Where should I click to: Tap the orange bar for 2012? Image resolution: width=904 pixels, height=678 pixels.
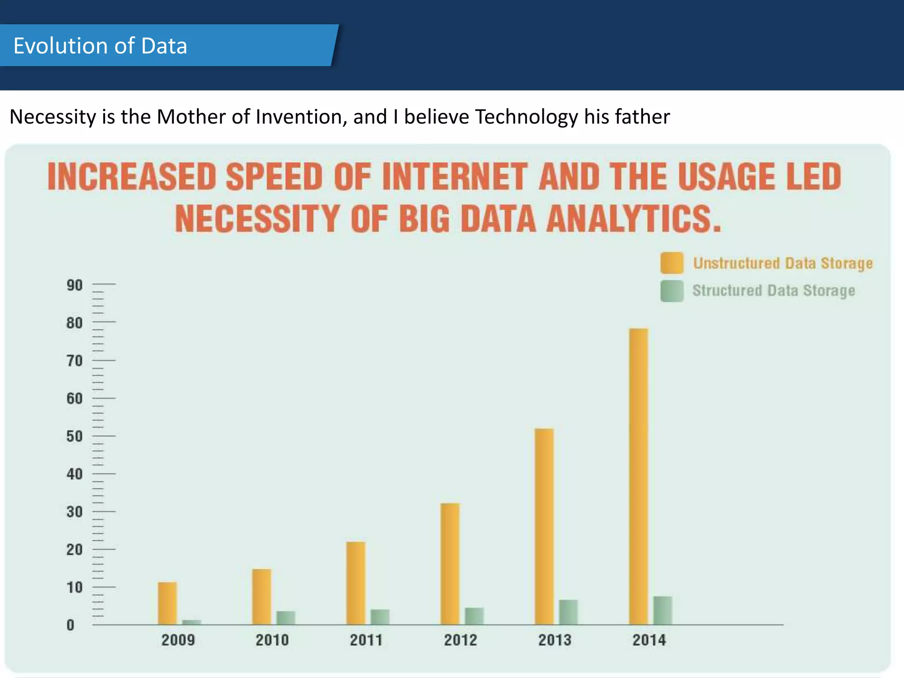450,564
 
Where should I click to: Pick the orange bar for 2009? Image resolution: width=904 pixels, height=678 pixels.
167,603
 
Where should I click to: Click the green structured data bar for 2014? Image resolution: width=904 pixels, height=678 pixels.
663,610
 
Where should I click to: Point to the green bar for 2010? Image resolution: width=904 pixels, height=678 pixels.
286,618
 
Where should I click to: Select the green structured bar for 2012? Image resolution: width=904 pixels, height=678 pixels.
474,616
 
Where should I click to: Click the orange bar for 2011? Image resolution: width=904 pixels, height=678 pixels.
356,583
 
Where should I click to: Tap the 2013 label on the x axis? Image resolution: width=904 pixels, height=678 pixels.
554,640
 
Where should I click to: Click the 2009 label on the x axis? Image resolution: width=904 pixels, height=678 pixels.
178,640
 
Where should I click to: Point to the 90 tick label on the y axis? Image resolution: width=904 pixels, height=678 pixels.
75,285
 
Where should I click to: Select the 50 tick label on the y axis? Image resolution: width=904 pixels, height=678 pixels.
75,436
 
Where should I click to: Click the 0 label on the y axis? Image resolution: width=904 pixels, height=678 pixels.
70,625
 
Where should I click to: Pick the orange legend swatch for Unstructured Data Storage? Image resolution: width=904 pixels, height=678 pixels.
672,263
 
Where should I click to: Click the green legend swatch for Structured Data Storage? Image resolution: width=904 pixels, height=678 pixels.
672,291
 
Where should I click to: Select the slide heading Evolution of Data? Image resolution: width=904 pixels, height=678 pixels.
100,45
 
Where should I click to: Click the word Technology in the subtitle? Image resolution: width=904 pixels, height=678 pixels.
526,117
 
